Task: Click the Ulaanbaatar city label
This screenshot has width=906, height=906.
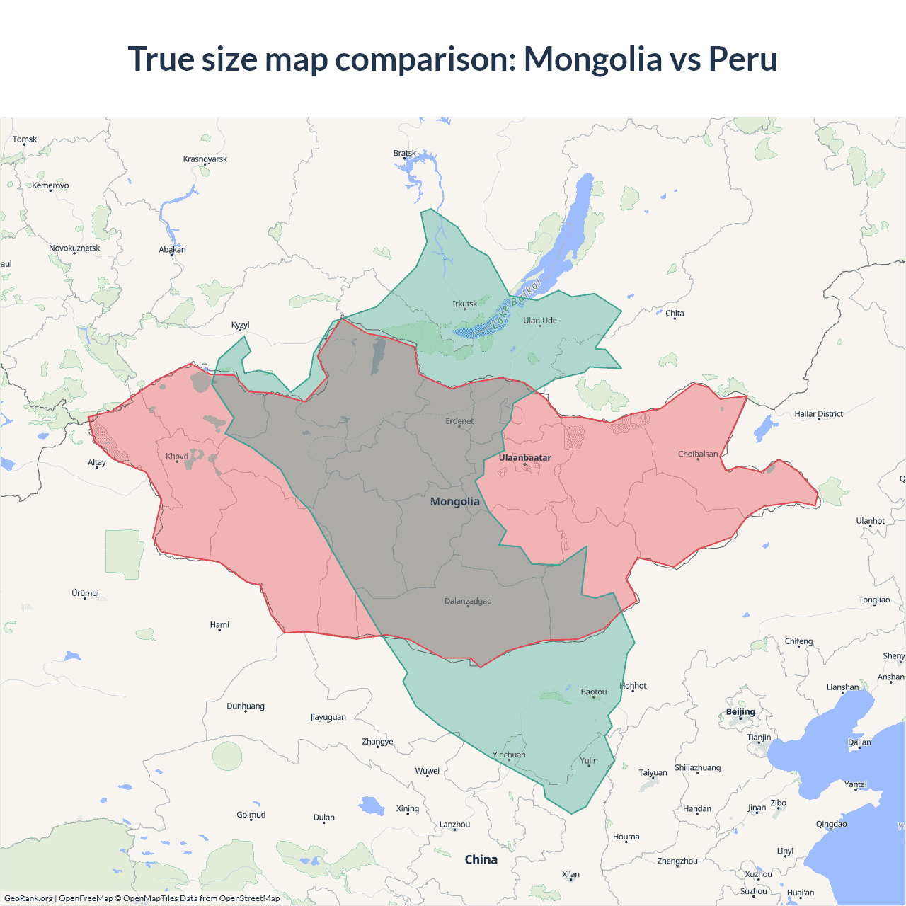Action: coord(524,458)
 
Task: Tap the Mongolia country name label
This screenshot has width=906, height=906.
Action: coord(454,502)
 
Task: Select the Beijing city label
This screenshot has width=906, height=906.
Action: coord(740,712)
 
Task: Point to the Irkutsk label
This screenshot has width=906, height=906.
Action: coord(464,304)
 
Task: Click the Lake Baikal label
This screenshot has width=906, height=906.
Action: coord(516,302)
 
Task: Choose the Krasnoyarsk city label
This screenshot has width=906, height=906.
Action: coord(205,159)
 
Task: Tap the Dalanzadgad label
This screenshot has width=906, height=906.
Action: coord(468,602)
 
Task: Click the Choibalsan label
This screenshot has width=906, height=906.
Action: coord(697,454)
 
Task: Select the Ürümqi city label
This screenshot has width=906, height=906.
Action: coord(85,593)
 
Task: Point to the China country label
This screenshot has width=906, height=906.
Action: coord(481,860)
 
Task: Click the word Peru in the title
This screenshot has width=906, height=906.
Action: coord(742,59)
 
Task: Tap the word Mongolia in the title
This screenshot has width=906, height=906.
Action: coord(592,59)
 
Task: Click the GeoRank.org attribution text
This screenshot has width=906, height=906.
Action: coord(28,898)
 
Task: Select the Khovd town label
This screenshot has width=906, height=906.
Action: coord(177,457)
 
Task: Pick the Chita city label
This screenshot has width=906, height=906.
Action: coord(675,314)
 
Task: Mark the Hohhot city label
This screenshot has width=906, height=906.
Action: coord(633,686)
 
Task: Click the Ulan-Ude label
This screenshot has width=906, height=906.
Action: coord(539,321)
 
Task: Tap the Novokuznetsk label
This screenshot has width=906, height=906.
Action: coord(74,248)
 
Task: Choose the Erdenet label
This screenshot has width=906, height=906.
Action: coord(459,421)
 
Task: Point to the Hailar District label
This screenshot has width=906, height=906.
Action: coord(818,414)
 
